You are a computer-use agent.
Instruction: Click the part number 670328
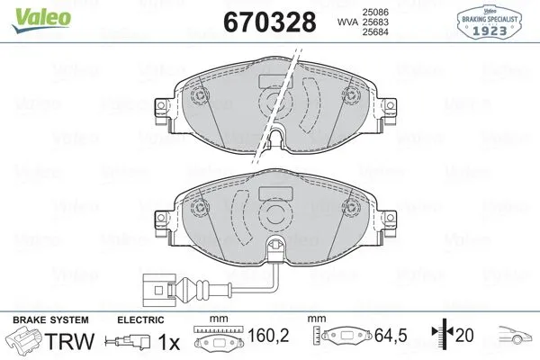[x=267, y=21]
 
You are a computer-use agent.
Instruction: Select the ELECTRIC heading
[x=142, y=319]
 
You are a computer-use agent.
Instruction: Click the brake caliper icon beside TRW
[x=23, y=342]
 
